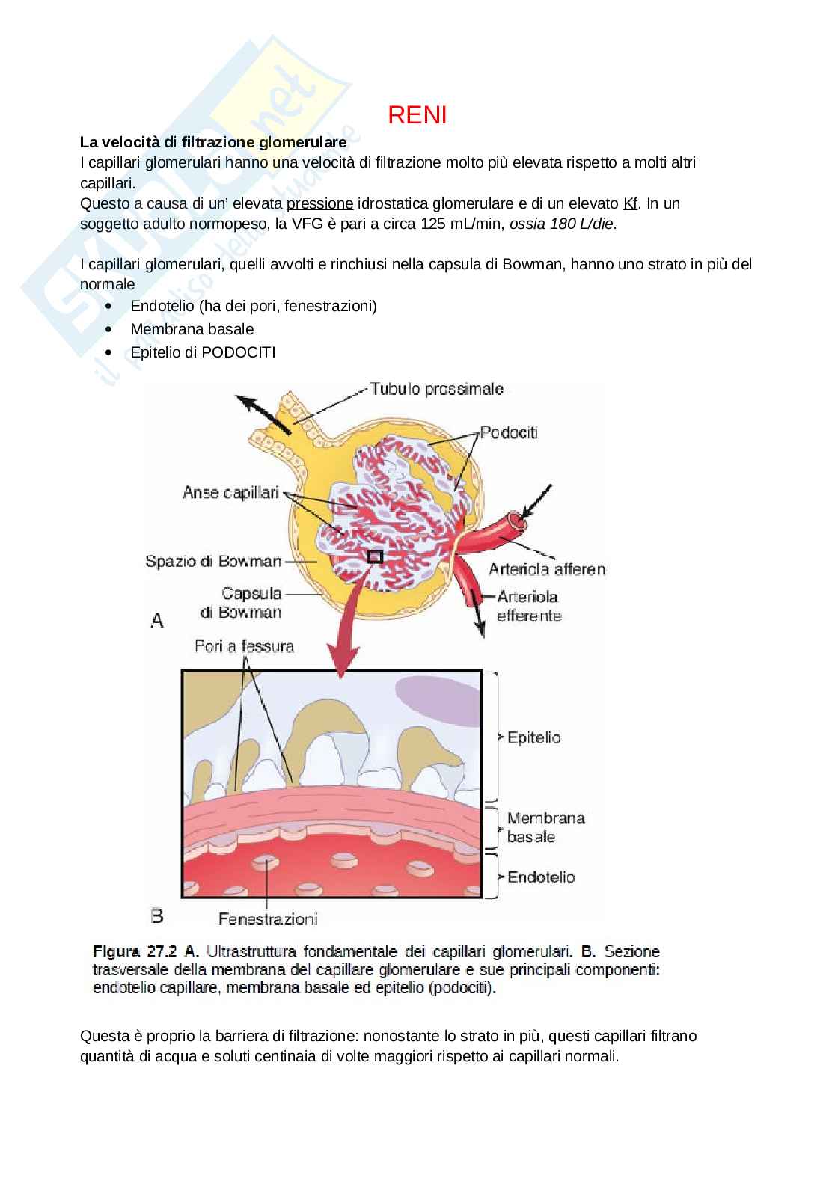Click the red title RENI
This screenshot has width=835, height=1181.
[417, 115]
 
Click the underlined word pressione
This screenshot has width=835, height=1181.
[319, 203]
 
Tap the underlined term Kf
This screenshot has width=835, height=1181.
[631, 203]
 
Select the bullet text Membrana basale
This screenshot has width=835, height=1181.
[192, 329]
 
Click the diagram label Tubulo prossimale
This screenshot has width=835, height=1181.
[436, 389]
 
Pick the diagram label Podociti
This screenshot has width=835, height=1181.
[509, 432]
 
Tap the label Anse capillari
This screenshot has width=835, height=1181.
[230, 493]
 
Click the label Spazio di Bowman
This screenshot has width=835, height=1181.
[213, 561]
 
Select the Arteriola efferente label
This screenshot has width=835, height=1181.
[528, 606]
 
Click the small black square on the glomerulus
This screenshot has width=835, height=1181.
[375, 556]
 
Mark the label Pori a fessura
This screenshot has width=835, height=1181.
[244, 645]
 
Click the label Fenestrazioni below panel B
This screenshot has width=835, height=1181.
[268, 919]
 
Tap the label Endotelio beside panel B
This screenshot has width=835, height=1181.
[540, 877]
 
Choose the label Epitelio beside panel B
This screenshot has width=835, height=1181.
[533, 737]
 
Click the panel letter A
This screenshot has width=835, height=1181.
[157, 620]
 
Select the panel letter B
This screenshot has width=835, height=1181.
[157, 915]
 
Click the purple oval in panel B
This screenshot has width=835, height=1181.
[437, 700]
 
